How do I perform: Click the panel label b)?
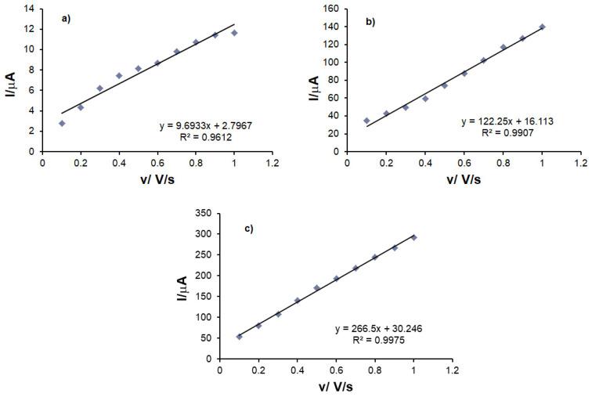click(370, 21)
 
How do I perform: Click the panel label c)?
click(249, 228)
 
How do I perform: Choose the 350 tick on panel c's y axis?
click(204, 213)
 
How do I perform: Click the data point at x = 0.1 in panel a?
click(62, 123)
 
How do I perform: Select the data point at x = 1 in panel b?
click(542, 27)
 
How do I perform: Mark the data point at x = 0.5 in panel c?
click(317, 288)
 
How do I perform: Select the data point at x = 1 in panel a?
click(234, 33)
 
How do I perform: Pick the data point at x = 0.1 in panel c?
click(240, 337)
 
